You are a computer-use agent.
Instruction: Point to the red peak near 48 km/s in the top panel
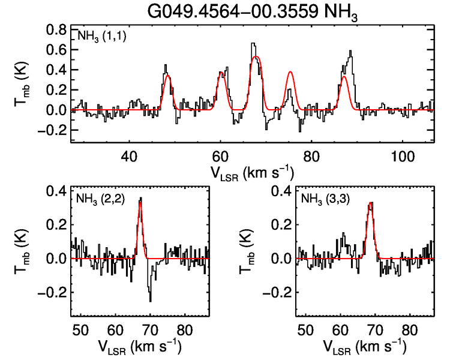(167, 76)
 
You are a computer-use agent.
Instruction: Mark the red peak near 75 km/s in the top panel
(290, 72)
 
